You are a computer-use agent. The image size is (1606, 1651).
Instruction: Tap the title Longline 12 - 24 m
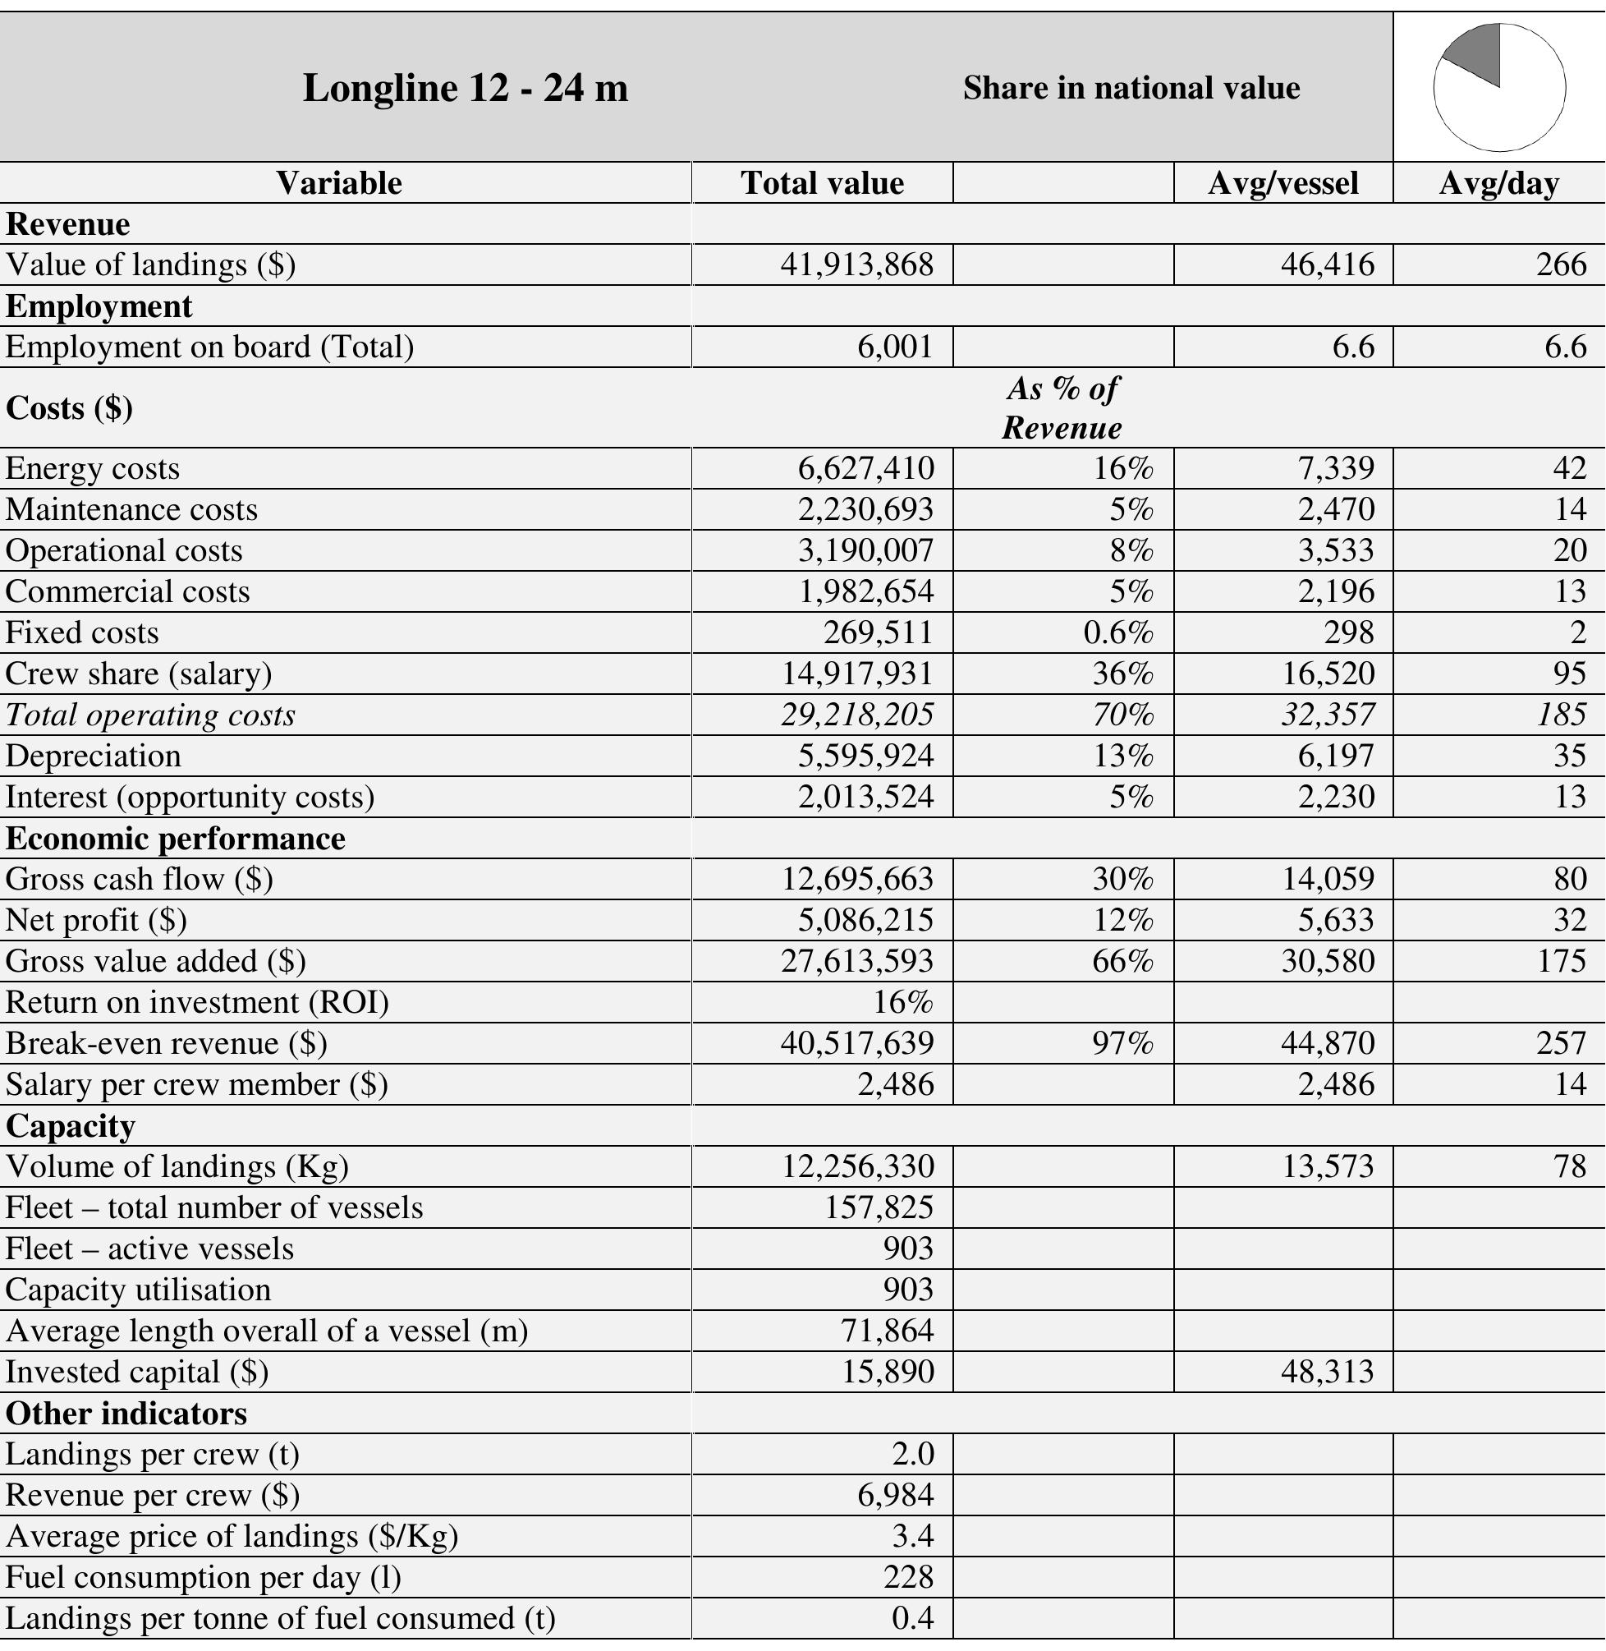pyautogui.click(x=465, y=88)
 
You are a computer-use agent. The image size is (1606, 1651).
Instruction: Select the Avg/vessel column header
pyautogui.click(x=1283, y=183)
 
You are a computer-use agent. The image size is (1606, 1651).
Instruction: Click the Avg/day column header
pyautogui.click(x=1498, y=183)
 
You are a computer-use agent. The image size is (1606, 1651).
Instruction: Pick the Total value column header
pyautogui.click(x=822, y=183)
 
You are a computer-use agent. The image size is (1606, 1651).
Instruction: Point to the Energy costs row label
pyautogui.click(x=93, y=468)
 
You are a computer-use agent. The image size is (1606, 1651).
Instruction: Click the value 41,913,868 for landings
pyautogui.click(x=856, y=265)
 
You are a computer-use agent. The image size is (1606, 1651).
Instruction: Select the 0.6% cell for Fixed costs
pyautogui.click(x=1117, y=632)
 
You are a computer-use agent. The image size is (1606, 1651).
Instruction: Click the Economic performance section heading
pyautogui.click(x=176, y=839)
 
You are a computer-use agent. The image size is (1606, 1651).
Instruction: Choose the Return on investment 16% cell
pyautogui.click(x=902, y=1002)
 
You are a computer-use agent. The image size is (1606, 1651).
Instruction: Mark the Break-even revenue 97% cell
pyautogui.click(x=1122, y=1044)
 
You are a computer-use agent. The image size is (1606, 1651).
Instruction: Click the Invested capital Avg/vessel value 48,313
pyautogui.click(x=1327, y=1372)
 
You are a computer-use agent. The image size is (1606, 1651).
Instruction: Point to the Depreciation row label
pyautogui.click(x=93, y=756)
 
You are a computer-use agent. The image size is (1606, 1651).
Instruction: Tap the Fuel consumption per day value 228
pyautogui.click(x=908, y=1577)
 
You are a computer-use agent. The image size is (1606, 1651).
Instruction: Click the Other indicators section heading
pyautogui.click(x=126, y=1413)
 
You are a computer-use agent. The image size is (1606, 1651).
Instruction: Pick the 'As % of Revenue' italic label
pyautogui.click(x=1062, y=408)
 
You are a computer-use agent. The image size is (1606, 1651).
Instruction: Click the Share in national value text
pyautogui.click(x=1131, y=88)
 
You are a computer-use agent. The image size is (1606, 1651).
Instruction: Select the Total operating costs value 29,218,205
pyautogui.click(x=856, y=715)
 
